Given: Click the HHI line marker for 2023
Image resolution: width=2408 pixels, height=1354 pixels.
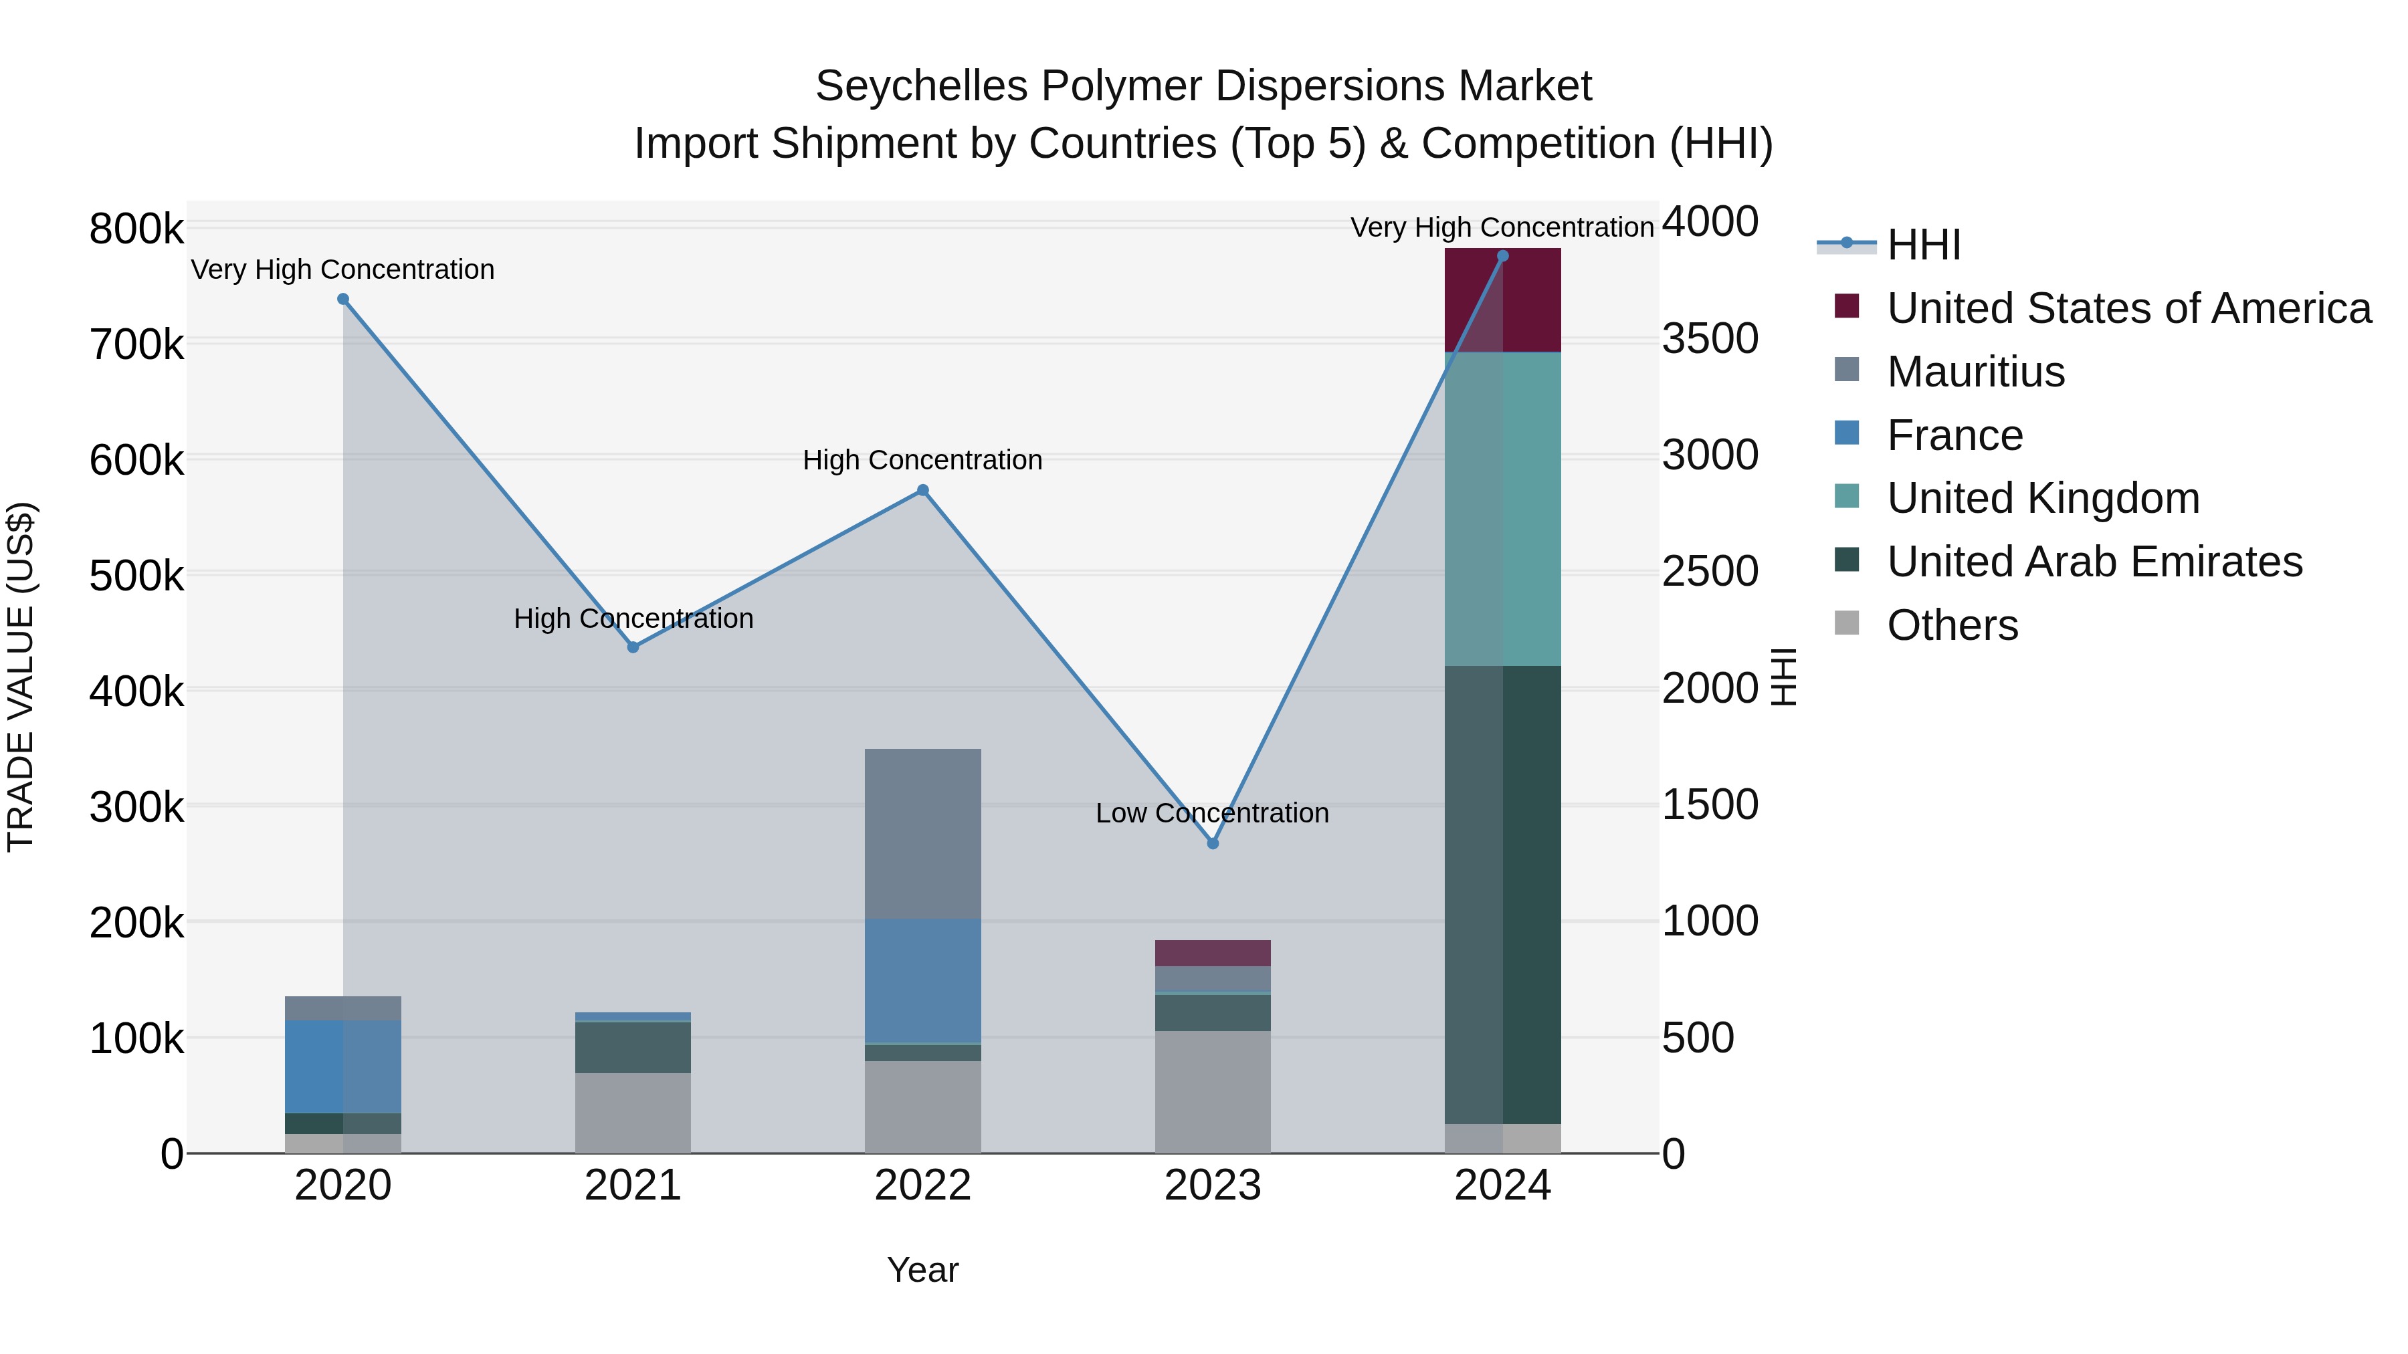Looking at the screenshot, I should [1213, 843].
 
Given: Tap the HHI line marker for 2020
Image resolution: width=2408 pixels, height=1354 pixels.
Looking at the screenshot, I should [343, 299].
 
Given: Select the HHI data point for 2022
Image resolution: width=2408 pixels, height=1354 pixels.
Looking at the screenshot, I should [922, 489].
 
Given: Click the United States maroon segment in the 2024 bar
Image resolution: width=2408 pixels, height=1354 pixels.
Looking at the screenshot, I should [1502, 299].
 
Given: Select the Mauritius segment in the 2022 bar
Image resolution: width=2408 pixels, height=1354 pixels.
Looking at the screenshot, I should [922, 832].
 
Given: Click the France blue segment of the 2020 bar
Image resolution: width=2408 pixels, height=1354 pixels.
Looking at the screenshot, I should [343, 1065].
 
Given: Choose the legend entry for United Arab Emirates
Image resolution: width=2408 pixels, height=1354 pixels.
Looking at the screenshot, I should [2094, 562].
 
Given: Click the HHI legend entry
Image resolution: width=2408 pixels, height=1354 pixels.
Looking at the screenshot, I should [1923, 245].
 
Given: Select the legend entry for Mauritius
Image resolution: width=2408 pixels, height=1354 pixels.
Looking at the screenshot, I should [1975, 372].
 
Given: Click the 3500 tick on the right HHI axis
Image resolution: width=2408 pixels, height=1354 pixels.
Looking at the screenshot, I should [1709, 338].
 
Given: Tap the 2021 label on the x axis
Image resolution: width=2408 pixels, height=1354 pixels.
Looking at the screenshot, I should [633, 1186].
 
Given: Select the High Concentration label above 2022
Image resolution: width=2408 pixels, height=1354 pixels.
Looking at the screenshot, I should [922, 460].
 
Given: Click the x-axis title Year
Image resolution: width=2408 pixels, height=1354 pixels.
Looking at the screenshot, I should [922, 1270].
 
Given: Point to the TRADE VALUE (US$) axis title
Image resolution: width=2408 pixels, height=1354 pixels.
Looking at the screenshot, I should [21, 677].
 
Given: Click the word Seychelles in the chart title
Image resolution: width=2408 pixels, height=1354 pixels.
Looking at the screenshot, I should [921, 86].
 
